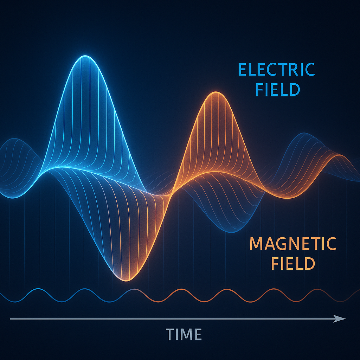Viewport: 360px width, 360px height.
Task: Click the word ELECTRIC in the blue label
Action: click(x=277, y=69)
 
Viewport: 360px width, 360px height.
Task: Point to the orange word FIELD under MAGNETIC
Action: click(x=293, y=263)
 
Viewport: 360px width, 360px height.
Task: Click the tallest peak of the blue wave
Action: click(x=85, y=56)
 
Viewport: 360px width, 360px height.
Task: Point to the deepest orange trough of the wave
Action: click(x=127, y=281)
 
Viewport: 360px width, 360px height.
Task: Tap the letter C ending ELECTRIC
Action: click(x=310, y=69)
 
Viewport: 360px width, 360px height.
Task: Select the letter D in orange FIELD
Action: click(x=309, y=263)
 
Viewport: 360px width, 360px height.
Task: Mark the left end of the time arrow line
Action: click(x=10, y=319)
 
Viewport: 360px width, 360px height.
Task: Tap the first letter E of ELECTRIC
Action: click(x=243, y=69)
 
